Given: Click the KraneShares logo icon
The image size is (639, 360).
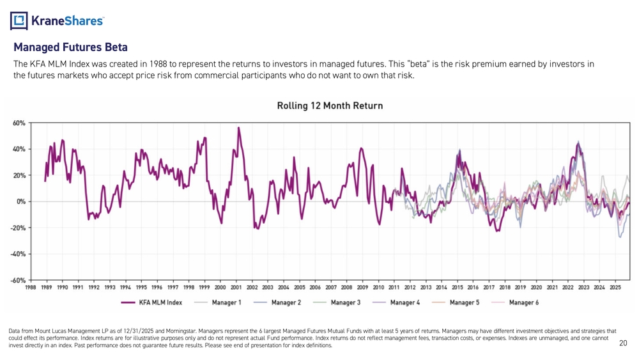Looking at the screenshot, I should click(x=19, y=21).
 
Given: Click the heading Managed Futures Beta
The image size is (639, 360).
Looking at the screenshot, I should click(x=70, y=47).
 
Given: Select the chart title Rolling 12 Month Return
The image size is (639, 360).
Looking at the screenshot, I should click(x=329, y=106).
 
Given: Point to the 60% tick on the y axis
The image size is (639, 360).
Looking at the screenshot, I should click(x=19, y=122).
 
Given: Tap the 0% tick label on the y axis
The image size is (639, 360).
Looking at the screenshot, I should click(x=20, y=201).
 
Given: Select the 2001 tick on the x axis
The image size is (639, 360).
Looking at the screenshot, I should click(x=236, y=288).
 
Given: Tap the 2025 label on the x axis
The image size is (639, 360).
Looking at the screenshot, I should click(x=615, y=288).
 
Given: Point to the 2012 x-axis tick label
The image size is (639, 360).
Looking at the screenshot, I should click(x=410, y=288).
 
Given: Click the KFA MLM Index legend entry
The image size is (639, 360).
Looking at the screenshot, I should click(x=157, y=302).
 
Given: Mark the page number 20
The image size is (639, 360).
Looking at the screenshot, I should click(x=624, y=344).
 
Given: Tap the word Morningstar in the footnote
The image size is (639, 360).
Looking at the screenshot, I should click(x=166, y=331).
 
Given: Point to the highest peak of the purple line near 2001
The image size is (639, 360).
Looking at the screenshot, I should click(x=238, y=127).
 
